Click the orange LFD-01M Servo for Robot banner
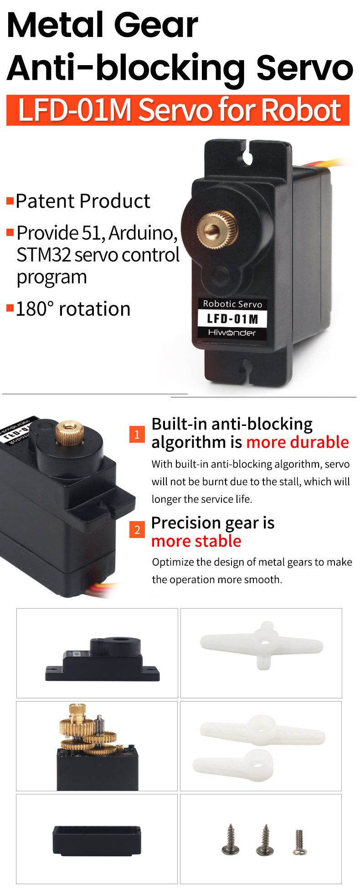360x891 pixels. pyautogui.click(x=178, y=110)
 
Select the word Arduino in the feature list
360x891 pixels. pyautogui.click(x=143, y=233)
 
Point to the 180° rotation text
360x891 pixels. pyautogui.click(x=73, y=309)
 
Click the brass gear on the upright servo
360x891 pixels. pyautogui.click(x=218, y=230)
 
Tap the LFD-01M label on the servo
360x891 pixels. pyautogui.click(x=232, y=318)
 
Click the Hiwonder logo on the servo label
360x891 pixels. pyautogui.click(x=232, y=333)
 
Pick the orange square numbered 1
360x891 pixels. pyautogui.click(x=137, y=435)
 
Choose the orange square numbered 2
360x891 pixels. pyautogui.click(x=137, y=530)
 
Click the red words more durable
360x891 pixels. pyautogui.click(x=297, y=442)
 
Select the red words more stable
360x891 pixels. pyautogui.click(x=196, y=541)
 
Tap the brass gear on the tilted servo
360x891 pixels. pyautogui.click(x=70, y=432)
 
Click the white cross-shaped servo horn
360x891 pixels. pyautogui.click(x=262, y=645)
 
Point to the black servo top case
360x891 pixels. pyautogui.click(x=103, y=659)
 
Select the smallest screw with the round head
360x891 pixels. pyautogui.click(x=299, y=842)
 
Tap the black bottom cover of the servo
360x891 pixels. pyautogui.click(x=97, y=841)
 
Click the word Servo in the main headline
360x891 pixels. pyautogui.click(x=304, y=67)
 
